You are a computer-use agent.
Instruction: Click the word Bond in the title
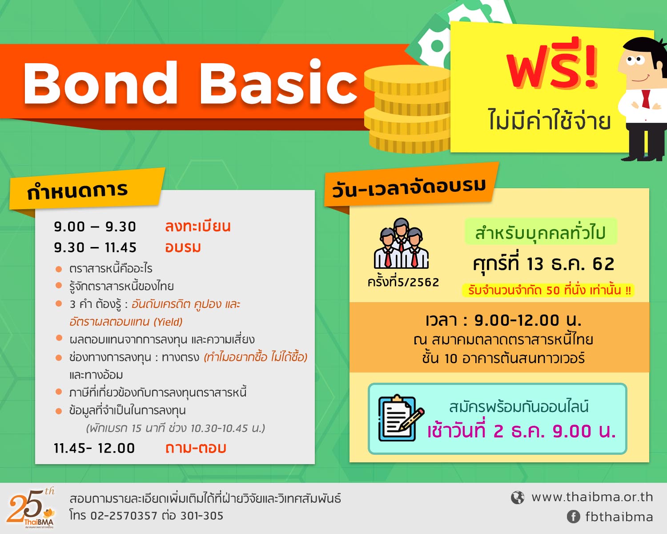(x=100, y=83)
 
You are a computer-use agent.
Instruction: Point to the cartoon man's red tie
(x=646, y=99)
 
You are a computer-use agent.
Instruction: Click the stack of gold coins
(x=408, y=109)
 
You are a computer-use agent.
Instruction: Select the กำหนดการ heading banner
(x=86, y=190)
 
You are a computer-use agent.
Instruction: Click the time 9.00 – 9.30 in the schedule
(x=95, y=227)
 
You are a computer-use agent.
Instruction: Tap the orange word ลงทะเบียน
(x=198, y=226)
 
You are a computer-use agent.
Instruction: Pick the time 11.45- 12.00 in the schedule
(x=94, y=449)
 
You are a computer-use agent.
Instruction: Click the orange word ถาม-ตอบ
(x=196, y=448)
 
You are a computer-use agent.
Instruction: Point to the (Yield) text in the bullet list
(x=168, y=322)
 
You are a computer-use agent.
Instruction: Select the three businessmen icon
(x=402, y=243)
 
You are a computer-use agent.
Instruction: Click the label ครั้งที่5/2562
(x=403, y=283)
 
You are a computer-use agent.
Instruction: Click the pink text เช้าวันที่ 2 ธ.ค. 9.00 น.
(x=522, y=431)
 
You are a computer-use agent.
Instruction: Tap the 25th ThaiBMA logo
(x=31, y=508)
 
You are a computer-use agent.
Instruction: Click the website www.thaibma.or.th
(x=592, y=498)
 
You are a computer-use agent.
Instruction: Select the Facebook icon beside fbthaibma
(x=573, y=517)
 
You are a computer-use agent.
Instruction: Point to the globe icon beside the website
(x=518, y=498)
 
